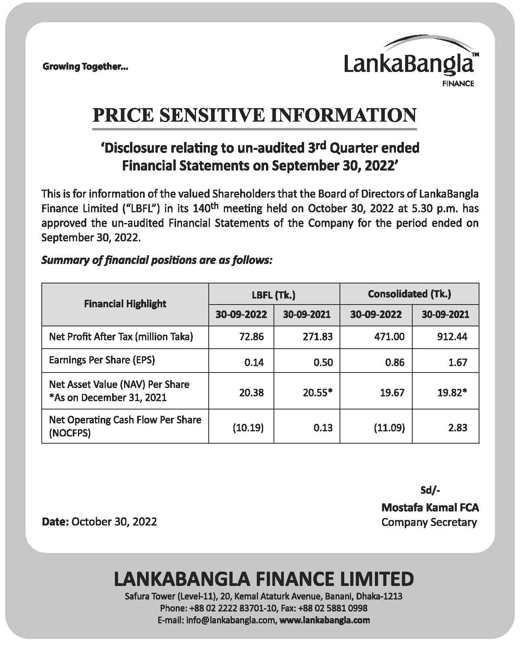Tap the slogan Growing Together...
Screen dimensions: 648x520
point(85,67)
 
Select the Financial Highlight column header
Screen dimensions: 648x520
point(125,304)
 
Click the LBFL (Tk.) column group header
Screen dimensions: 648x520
point(274,295)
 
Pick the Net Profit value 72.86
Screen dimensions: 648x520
point(251,337)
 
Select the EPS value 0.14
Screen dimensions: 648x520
point(254,362)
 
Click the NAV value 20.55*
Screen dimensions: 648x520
point(317,393)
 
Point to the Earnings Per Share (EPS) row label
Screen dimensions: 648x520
point(102,360)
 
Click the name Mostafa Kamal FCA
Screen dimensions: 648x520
point(430,507)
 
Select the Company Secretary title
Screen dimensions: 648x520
point(429,522)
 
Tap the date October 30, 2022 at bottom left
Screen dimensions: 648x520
point(114,521)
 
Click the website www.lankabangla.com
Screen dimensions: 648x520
point(325,620)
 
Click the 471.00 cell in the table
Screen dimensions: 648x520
point(389,337)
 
